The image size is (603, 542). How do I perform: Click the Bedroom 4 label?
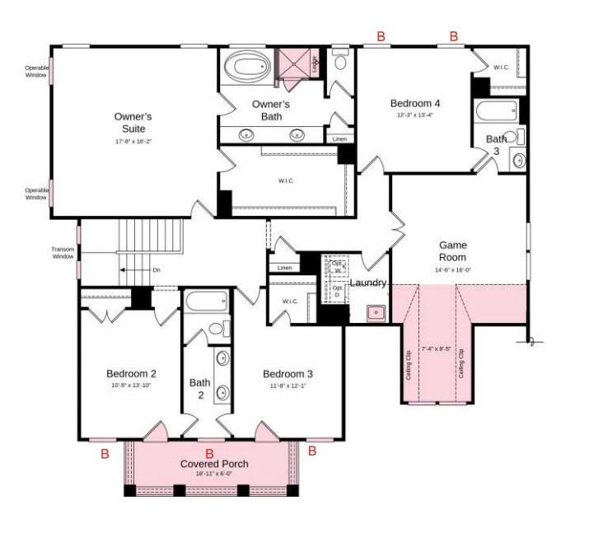pyautogui.click(x=414, y=103)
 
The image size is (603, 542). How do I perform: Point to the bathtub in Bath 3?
pyautogui.click(x=496, y=110)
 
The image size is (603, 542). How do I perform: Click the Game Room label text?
pyautogui.click(x=452, y=251)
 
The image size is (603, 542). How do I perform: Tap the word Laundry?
pyautogui.click(x=368, y=283)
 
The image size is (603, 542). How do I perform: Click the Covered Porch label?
pyautogui.click(x=214, y=464)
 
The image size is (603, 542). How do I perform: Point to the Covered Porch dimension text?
pyautogui.click(x=214, y=475)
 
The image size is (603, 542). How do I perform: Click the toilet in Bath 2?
pyautogui.click(x=218, y=329)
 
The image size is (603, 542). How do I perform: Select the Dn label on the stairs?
pyautogui.click(x=156, y=270)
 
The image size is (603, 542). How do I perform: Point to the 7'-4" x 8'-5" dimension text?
pyautogui.click(x=437, y=349)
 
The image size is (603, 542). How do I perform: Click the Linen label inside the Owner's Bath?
pyautogui.click(x=339, y=139)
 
